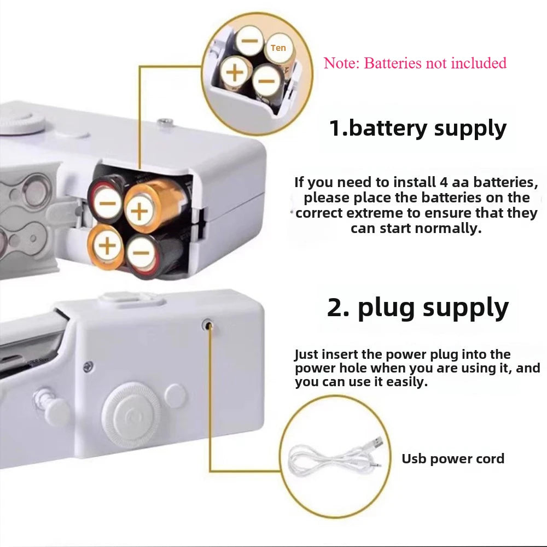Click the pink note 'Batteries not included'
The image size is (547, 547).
tap(415, 63)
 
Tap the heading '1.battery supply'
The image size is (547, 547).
tap(417, 128)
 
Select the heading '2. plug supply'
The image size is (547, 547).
tap(417, 307)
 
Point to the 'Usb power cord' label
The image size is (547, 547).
tap(453, 458)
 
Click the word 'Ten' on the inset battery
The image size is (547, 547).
tap(278, 48)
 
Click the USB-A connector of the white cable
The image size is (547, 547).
tap(376, 442)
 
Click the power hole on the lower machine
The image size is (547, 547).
tap(207, 324)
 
